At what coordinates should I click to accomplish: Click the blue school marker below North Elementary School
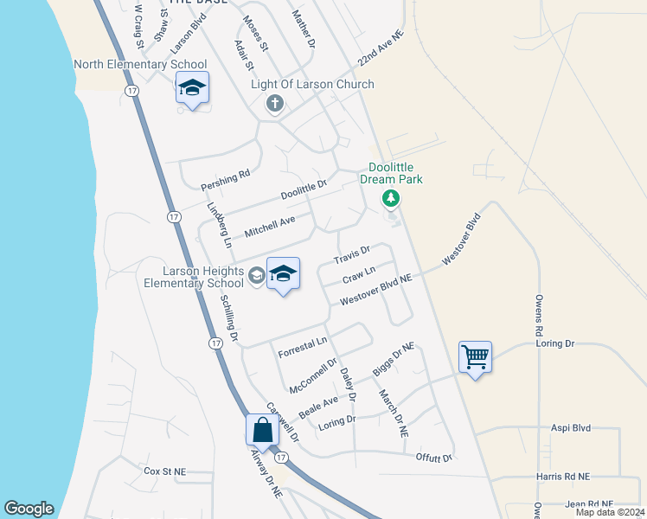coord(192,87)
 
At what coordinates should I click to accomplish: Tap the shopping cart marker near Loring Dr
coord(475,356)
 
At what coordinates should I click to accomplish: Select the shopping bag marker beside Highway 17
coord(262,429)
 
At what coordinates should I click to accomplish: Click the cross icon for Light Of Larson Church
coord(275,105)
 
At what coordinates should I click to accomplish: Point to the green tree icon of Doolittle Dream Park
coord(391,200)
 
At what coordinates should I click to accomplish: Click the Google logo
coord(29,509)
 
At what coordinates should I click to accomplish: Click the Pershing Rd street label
coord(225,180)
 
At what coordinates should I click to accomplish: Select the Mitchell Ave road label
coord(270,227)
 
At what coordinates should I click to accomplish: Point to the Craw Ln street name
coord(359,276)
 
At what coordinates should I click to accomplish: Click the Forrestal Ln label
coord(303,347)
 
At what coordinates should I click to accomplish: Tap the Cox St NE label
coord(165,471)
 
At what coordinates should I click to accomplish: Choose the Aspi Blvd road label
coord(570,427)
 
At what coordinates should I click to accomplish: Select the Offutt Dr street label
coord(434,457)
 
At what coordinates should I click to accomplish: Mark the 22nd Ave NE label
coord(381,49)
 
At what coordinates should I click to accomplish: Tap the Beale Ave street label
coord(318,403)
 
